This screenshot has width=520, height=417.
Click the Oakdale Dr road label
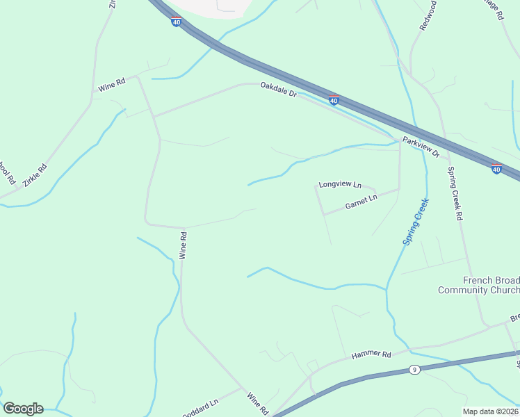[x=278, y=89]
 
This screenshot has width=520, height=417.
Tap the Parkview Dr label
[x=421, y=147]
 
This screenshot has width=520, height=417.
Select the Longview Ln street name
[x=340, y=185]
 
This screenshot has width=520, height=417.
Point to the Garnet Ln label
[x=361, y=202]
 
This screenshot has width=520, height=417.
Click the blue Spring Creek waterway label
[x=416, y=222]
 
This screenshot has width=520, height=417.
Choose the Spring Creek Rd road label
[x=455, y=193]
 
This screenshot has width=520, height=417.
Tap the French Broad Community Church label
[x=479, y=285]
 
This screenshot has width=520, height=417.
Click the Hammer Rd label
[x=371, y=354]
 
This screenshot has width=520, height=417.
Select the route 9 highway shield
[x=414, y=369]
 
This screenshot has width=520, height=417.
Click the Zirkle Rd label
[x=35, y=174]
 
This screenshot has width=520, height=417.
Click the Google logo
[x=23, y=409]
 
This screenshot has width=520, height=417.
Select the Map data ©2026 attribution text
[x=491, y=411]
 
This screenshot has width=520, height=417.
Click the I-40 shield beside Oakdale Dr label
[x=334, y=101]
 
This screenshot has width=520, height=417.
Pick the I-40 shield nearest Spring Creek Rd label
[x=496, y=169]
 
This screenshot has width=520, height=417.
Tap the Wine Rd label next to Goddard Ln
[x=257, y=403]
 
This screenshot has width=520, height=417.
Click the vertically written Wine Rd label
[x=184, y=245]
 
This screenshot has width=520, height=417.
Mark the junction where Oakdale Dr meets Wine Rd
[x=154, y=115]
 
